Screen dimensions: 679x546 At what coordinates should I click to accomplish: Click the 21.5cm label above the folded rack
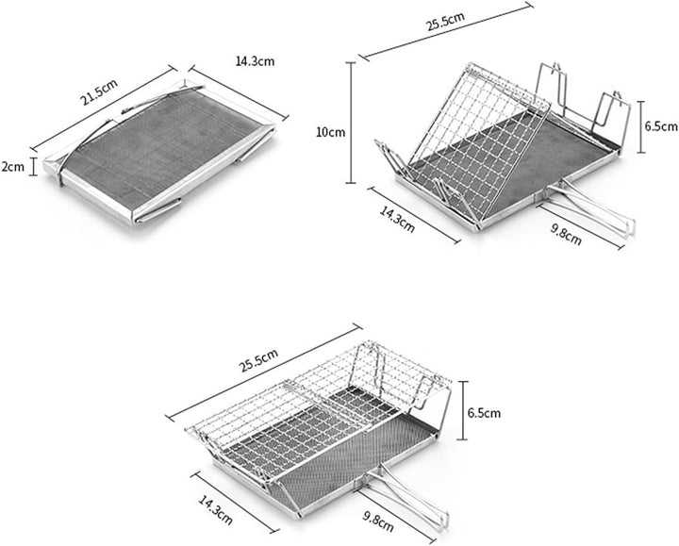99,92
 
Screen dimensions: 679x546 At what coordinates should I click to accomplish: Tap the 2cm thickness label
12,167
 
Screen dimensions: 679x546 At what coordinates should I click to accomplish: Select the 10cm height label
331,132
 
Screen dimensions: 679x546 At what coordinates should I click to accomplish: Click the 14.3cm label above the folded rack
255,61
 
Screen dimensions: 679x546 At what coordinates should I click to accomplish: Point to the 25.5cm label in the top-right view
445,21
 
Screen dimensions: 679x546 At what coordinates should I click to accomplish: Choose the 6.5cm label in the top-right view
661,126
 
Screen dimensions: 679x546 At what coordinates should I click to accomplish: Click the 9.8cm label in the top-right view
566,234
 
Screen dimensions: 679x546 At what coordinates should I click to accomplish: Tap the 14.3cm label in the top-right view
397,219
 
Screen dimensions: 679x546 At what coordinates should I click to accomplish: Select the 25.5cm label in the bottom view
258,360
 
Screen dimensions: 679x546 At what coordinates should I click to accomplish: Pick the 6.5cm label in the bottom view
484,413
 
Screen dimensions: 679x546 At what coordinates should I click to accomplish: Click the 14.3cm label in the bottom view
215,509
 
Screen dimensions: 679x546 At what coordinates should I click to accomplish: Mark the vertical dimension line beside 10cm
351,123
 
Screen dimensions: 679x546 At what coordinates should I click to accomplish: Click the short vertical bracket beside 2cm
34,167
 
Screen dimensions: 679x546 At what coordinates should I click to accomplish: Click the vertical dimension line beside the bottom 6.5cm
462,410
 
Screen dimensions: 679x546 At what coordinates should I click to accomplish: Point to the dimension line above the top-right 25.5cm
446,31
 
